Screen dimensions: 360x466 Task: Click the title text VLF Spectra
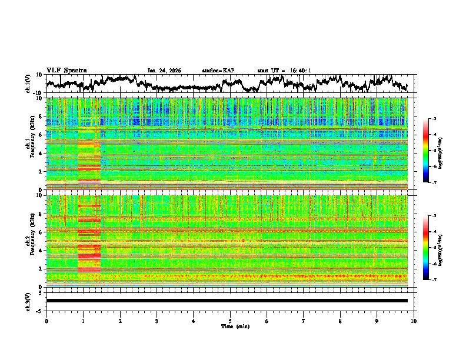pyautogui.click(x=66, y=70)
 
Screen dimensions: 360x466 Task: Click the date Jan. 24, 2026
pyautogui.click(x=164, y=71)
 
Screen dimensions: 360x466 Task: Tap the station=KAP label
pyautogui.click(x=218, y=71)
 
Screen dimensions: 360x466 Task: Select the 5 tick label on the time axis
pyautogui.click(x=230, y=321)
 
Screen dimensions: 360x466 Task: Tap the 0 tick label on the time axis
pyautogui.click(x=46, y=321)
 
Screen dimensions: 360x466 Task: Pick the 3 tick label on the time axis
pyautogui.click(x=157, y=321)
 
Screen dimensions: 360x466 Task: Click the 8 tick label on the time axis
pyautogui.click(x=340, y=321)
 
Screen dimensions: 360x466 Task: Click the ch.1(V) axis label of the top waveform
pyautogui.click(x=28, y=84)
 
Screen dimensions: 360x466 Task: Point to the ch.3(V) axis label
pyautogui.click(x=28, y=301)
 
